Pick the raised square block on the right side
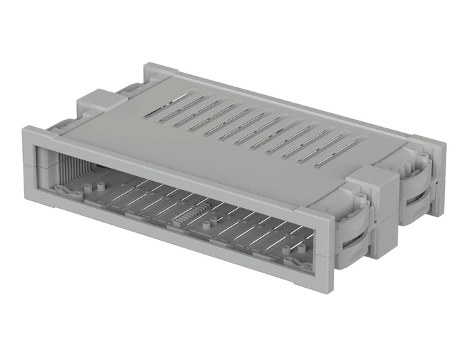click(373, 185)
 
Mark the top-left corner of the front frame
click(27, 129)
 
